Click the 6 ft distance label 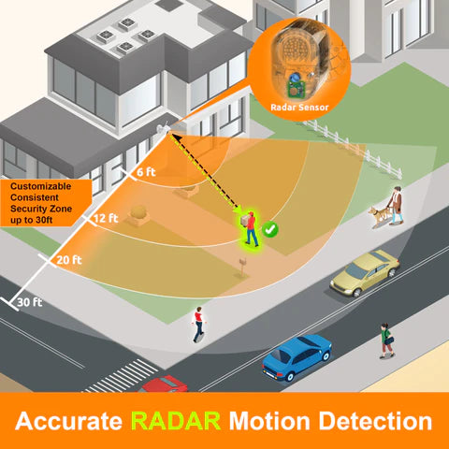tap(146, 172)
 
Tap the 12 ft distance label tap(106, 218)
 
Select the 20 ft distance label tap(69, 260)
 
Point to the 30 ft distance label tap(30, 302)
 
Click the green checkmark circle tap(270, 229)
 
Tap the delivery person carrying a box tap(250, 228)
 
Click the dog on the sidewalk tap(378, 215)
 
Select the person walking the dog tap(396, 205)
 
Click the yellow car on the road tap(365, 272)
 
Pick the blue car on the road tap(297, 356)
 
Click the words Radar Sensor tap(299, 108)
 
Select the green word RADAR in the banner tap(176, 421)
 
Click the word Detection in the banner tap(375, 421)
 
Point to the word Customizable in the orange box tap(41, 186)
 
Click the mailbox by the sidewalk tap(242, 266)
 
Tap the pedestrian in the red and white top tap(198, 325)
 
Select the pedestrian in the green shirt tap(386, 340)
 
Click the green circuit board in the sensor tap(295, 87)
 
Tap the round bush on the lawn tap(138, 212)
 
